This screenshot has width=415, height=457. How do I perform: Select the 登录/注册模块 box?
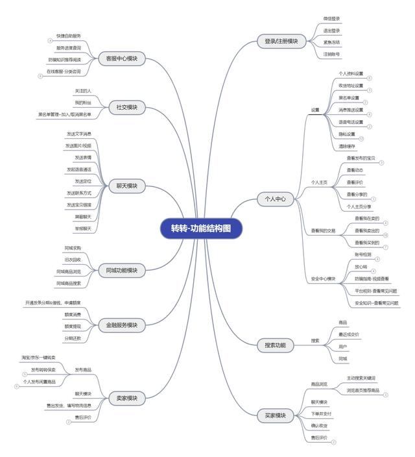coord(281,41)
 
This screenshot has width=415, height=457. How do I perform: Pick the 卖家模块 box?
coord(122,397)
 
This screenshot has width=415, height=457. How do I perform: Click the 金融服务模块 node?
coord(122,324)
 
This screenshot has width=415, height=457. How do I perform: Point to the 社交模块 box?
coord(126,107)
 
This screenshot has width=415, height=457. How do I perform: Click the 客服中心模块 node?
coord(122,58)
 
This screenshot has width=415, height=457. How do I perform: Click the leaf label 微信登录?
coord(331,18)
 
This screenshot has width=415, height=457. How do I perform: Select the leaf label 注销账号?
coord(331,54)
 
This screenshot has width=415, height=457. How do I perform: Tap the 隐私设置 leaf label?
coord(347,134)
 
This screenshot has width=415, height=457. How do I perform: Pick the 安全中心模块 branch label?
coord(324,278)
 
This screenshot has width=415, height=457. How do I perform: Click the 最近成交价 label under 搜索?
coord(348,334)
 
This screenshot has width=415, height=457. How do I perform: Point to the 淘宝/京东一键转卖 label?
coord(39,358)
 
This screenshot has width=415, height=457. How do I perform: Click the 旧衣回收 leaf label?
coord(73,259)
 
